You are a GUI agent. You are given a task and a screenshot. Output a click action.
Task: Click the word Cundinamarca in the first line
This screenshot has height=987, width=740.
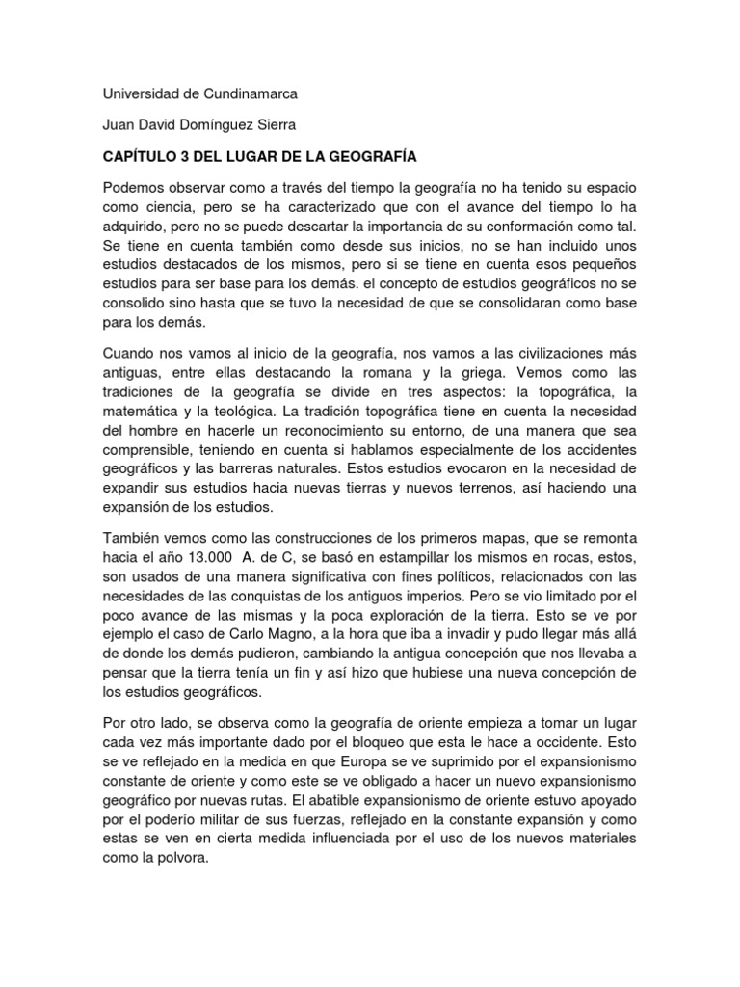(244, 94)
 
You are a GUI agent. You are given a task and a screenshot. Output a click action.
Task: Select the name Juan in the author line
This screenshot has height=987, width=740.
(119, 125)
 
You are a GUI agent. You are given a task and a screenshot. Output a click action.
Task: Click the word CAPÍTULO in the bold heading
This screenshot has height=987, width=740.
(143, 156)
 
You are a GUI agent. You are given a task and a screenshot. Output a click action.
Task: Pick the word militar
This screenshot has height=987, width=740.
(209, 818)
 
